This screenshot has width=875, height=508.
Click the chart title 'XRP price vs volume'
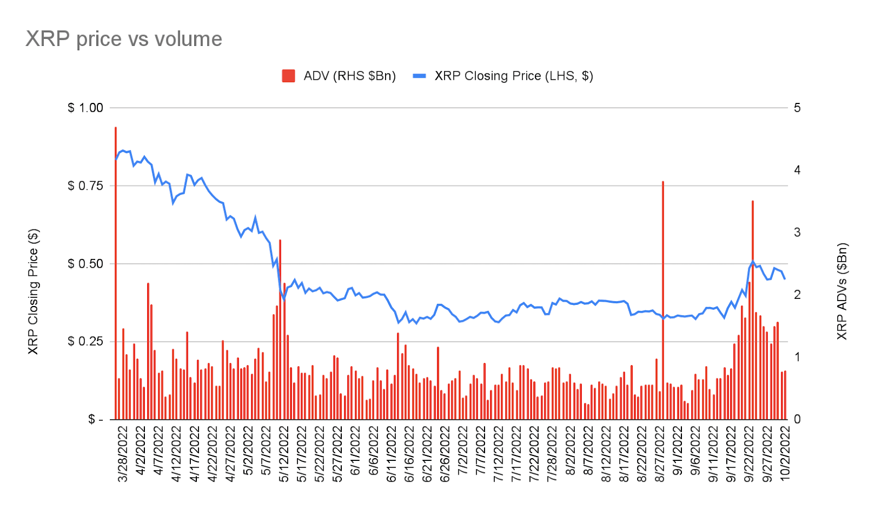tap(124, 39)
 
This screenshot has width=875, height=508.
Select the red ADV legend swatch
tap(288, 76)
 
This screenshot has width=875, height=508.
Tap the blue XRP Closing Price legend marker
tap(419, 76)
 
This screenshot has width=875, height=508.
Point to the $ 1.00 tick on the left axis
tap(85, 108)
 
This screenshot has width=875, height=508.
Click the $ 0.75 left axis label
tap(85, 186)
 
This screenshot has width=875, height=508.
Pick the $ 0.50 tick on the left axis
tap(85, 264)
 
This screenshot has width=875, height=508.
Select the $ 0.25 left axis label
tap(85, 342)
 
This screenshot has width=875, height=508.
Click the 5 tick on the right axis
tap(797, 108)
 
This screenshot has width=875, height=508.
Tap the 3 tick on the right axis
tap(797, 233)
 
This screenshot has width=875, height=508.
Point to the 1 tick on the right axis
tap(797, 357)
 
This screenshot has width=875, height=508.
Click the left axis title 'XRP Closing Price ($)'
tap(33, 291)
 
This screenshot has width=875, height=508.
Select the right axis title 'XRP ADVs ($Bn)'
tap(842, 291)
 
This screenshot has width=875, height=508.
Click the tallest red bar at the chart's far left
tap(115, 274)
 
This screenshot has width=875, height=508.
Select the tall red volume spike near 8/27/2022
tap(663, 301)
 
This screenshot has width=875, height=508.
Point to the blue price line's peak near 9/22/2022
tap(752, 261)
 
